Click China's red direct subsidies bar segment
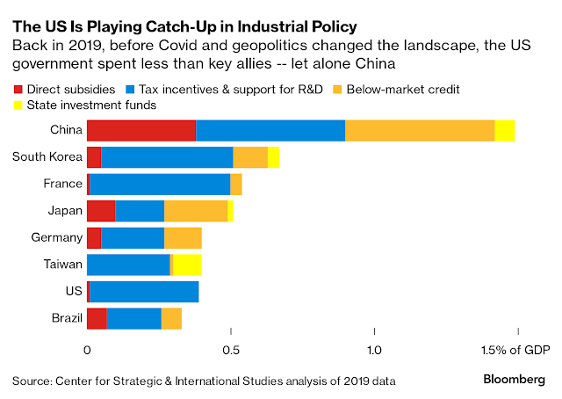point(141,131)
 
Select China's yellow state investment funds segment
point(505,131)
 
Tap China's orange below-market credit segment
point(420,131)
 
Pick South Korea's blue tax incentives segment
point(167,157)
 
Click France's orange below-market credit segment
point(236,184)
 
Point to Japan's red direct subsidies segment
point(101,210)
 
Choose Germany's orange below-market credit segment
point(183,236)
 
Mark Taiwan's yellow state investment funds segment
point(188,264)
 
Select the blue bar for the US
point(144,290)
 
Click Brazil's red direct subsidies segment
point(97,316)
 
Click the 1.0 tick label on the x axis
point(375,350)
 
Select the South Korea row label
point(47,157)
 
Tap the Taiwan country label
point(62,264)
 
